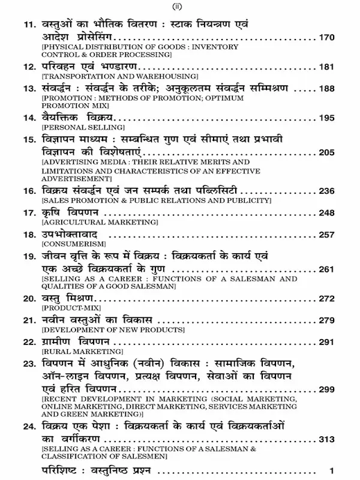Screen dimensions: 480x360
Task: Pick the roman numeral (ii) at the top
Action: pos(179,7)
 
